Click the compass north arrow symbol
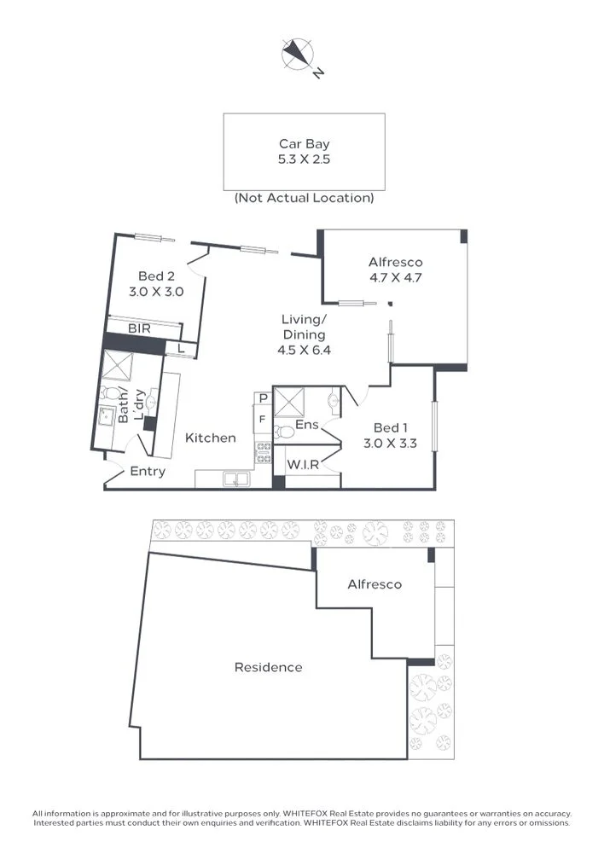pyautogui.click(x=299, y=55)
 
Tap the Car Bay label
pyautogui.click(x=305, y=143)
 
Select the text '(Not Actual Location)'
pyautogui.click(x=305, y=198)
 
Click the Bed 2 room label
pyautogui.click(x=156, y=276)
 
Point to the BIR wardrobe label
pyautogui.click(x=139, y=328)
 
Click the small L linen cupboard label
pyautogui.click(x=181, y=348)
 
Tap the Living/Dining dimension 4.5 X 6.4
pyautogui.click(x=305, y=350)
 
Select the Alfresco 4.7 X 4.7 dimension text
pyautogui.click(x=396, y=277)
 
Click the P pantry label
pyautogui.click(x=264, y=398)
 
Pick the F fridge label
pyautogui.click(x=263, y=420)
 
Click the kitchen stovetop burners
pyautogui.click(x=264, y=453)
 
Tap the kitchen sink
pyautogui.click(x=236, y=479)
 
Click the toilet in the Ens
pyautogui.click(x=283, y=432)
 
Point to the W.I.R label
pyautogui.click(x=303, y=465)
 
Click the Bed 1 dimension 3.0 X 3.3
pyautogui.click(x=390, y=443)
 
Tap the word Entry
pyautogui.click(x=148, y=471)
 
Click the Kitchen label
pyautogui.click(x=211, y=438)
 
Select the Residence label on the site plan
pyautogui.click(x=268, y=667)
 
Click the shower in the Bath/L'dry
pyautogui.click(x=117, y=366)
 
